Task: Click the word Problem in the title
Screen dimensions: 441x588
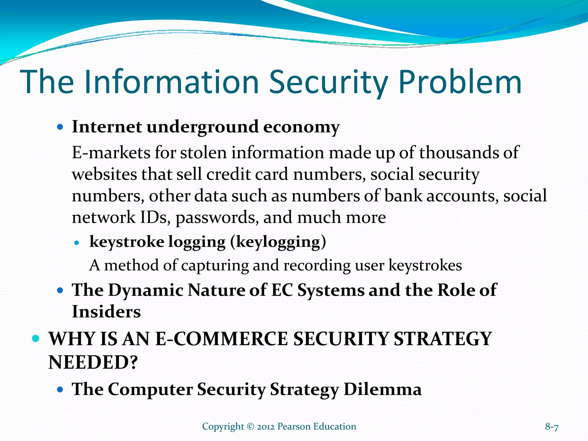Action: tap(460, 82)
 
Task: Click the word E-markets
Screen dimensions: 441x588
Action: tap(111, 152)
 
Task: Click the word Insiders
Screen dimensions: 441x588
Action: tap(106, 312)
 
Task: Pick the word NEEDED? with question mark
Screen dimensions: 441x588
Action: tap(93, 362)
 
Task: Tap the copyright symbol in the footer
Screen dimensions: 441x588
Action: tap(250, 427)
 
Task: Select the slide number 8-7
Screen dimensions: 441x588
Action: tap(552, 427)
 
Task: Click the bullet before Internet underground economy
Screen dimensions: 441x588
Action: tap(60, 127)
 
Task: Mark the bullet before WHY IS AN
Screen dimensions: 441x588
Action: tap(36, 339)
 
